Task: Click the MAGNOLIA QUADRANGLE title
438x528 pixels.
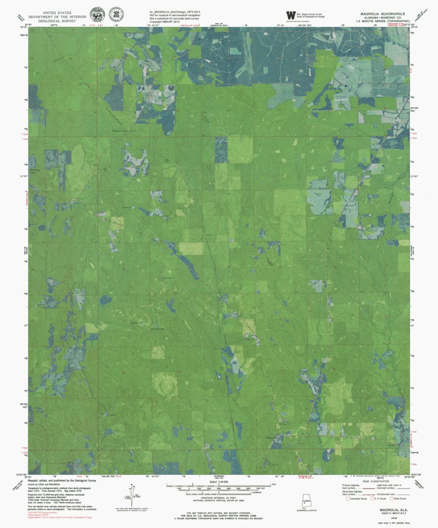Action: coord(382,11)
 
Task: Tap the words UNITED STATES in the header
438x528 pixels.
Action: coord(54,11)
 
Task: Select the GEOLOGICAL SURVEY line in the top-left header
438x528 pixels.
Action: coord(54,19)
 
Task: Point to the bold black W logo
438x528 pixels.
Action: coord(290,15)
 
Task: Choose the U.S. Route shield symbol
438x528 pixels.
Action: coord(372,498)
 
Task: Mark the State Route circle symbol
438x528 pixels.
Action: coord(395,498)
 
